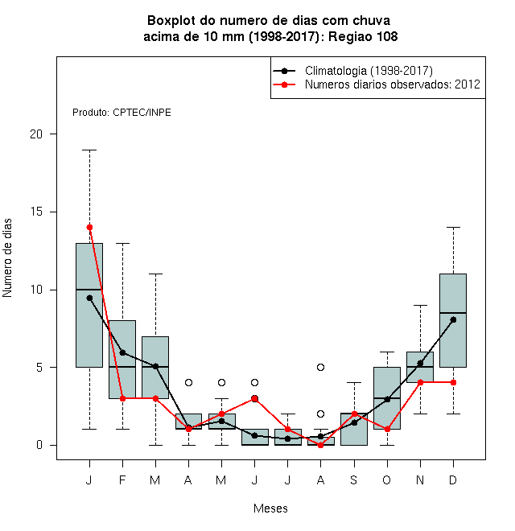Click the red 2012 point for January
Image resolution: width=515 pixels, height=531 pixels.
(89, 227)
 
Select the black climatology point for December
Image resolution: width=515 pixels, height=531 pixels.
(453, 319)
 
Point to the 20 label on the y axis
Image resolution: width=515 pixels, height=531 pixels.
(36, 134)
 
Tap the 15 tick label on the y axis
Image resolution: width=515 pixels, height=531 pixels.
(36, 212)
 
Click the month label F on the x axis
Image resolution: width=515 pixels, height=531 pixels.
(122, 480)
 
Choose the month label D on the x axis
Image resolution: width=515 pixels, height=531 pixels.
(453, 480)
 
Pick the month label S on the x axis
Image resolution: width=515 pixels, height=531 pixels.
(354, 480)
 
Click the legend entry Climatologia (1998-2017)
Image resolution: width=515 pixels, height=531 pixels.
(369, 71)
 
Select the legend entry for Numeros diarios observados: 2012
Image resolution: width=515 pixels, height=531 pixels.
(393, 84)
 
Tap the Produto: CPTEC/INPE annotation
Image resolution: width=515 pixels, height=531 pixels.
(122, 113)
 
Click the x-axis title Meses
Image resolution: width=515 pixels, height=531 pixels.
(270, 508)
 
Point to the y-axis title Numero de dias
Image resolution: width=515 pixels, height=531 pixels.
(7, 258)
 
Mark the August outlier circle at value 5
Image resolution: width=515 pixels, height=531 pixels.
(320, 367)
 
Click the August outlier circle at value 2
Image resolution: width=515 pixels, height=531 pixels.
(320, 414)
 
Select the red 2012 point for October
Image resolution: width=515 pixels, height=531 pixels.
(387, 429)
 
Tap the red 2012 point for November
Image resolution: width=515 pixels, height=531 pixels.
(421, 382)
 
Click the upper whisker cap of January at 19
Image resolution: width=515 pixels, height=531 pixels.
(89, 150)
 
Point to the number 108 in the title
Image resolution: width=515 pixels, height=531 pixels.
(387, 36)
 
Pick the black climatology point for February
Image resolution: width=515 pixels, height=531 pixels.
(122, 352)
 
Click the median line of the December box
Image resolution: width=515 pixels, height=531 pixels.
(453, 313)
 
